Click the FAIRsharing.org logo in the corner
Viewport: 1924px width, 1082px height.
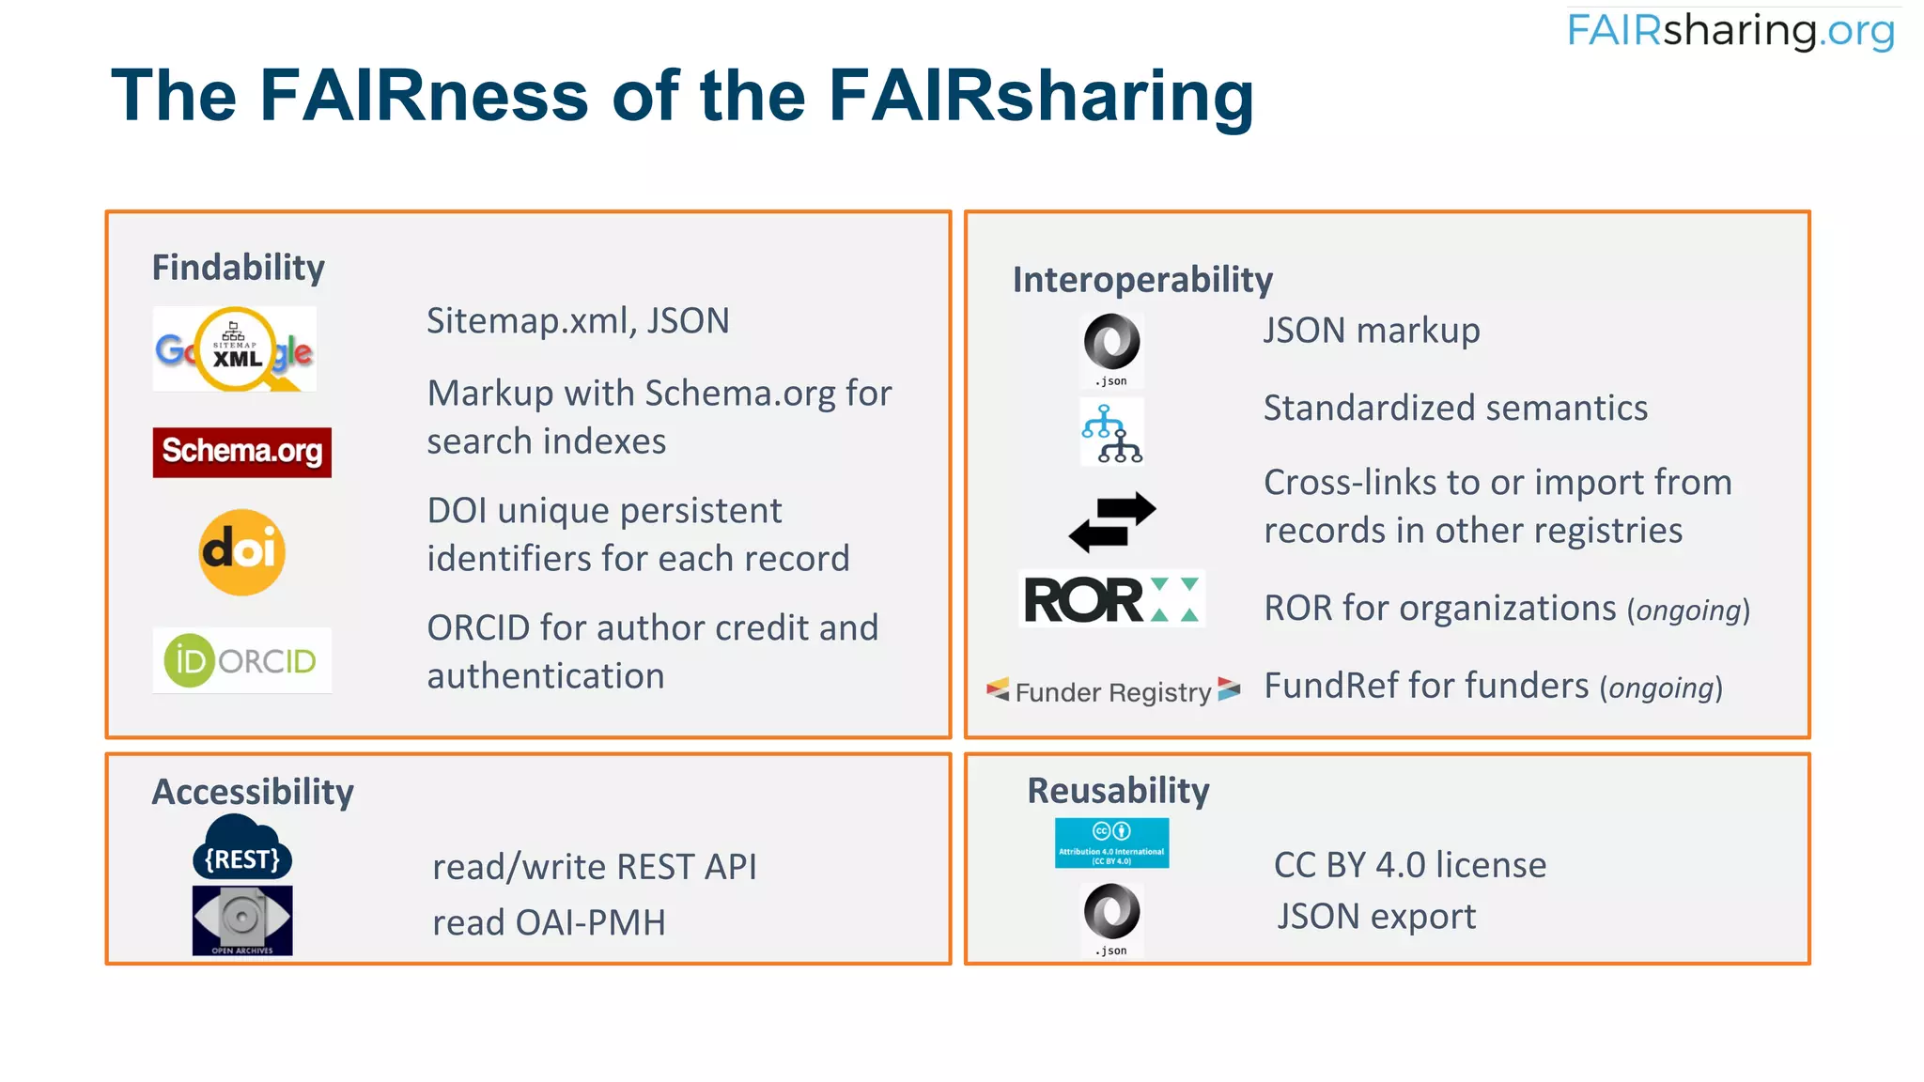click(1730, 31)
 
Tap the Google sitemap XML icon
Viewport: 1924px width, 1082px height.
click(235, 349)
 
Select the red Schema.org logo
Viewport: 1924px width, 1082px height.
click(242, 452)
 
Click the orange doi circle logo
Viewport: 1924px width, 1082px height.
click(242, 551)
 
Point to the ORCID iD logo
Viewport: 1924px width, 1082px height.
click(241, 660)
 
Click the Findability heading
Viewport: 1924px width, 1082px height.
click(239, 268)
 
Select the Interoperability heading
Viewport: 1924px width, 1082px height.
click(1142, 280)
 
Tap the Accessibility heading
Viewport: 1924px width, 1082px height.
click(253, 792)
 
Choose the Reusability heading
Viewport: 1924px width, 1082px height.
click(1118, 791)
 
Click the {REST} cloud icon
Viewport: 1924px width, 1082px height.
click(242, 848)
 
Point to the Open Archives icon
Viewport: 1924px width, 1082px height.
click(242, 920)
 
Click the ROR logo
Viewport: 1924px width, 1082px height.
click(1111, 599)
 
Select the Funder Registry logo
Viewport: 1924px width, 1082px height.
click(1113, 691)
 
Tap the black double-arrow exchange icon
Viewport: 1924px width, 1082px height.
click(1112, 522)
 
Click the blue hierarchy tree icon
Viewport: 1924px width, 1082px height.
click(1112, 433)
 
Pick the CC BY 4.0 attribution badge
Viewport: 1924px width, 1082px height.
click(1111, 842)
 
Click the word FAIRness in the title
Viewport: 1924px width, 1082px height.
click(424, 96)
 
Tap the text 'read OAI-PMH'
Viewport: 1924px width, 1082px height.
click(549, 922)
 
